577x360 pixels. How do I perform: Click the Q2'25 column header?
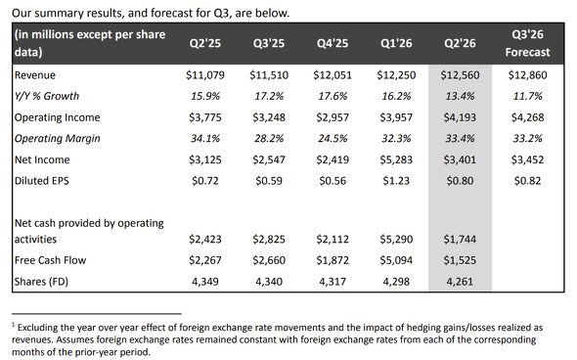coord(205,43)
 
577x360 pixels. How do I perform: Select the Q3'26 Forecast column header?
coord(527,43)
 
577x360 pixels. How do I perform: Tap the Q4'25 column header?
coord(333,43)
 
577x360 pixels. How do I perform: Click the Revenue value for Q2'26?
coord(460,75)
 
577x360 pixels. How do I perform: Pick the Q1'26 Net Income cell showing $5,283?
coord(396,159)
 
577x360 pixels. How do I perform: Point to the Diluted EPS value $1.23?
coord(396,181)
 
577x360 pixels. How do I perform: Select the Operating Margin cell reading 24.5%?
coord(333,138)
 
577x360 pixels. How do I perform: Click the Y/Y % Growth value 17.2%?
coord(269,96)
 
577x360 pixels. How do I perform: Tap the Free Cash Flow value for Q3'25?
coord(269,260)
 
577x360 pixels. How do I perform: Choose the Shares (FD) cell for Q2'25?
coord(205,282)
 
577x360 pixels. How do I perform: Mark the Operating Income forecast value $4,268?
coord(527,117)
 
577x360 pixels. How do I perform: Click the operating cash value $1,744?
coord(460,240)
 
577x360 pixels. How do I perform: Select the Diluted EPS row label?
coord(42,181)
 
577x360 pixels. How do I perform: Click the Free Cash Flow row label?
coord(50,260)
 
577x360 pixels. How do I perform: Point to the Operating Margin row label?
coord(58,139)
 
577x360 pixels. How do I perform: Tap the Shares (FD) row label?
coord(41,282)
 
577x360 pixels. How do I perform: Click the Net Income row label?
coord(42,159)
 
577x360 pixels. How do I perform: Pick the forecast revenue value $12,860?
coord(527,75)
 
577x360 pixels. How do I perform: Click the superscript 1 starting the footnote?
coord(14,325)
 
